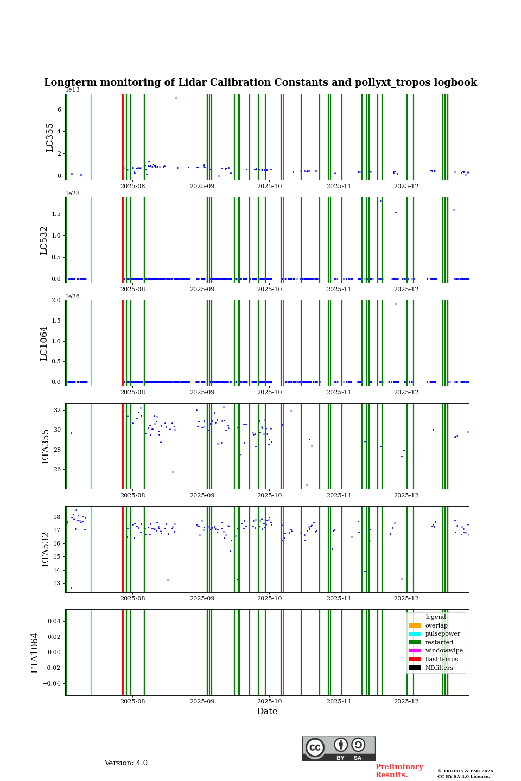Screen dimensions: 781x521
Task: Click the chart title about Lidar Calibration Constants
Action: pos(260,82)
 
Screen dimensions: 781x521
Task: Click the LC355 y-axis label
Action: pos(50,137)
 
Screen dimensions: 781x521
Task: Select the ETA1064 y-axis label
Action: pos(35,652)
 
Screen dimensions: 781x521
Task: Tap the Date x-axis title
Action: pos(267,712)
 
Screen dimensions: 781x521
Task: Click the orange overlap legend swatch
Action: pos(415,625)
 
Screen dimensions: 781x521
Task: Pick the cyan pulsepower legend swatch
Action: pos(415,634)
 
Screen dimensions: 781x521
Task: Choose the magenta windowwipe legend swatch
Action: pos(415,651)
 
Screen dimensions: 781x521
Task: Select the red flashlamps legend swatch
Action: pos(415,660)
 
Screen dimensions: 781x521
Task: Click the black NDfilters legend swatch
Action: pos(415,668)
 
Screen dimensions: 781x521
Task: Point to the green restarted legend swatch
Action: pos(415,642)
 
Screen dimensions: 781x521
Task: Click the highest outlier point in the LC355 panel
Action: pos(176,98)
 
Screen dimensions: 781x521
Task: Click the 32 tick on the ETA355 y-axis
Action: pos(57,411)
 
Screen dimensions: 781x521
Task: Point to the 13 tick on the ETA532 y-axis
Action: pos(57,584)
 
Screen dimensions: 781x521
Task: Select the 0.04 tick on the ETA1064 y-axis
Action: pos(54,621)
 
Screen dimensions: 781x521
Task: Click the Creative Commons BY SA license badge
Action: pos(339,748)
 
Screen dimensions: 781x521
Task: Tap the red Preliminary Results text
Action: pos(399,771)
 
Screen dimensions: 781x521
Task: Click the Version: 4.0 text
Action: pos(126,763)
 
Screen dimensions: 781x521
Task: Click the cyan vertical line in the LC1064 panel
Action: pos(91,343)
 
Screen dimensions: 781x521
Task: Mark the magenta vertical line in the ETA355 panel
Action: pos(283,446)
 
